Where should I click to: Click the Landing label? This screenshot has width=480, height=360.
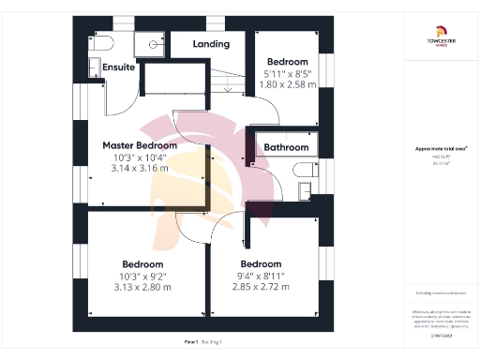click(211, 44)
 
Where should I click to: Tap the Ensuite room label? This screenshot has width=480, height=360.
click(117, 67)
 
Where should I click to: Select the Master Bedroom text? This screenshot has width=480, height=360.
click(140, 146)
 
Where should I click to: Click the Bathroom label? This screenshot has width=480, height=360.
click(285, 147)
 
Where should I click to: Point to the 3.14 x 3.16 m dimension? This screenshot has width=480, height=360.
click(140, 169)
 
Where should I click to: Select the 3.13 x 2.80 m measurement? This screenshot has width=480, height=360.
click(145, 287)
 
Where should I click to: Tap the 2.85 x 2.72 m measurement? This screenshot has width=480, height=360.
click(262, 287)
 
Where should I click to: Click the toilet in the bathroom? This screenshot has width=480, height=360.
click(302, 169)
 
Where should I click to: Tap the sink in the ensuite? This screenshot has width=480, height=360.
click(94, 67)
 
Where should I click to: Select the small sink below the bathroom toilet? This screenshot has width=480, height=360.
click(304, 190)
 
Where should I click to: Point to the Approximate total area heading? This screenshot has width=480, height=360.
click(442, 149)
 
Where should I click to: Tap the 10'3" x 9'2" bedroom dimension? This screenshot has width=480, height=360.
click(145, 276)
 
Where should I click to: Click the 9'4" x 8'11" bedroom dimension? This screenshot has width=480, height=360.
click(262, 276)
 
